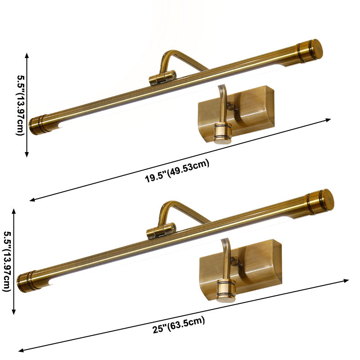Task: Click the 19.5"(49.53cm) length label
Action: tap(177, 171)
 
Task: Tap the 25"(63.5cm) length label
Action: tap(179, 325)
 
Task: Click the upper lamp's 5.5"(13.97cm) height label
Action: tap(20, 105)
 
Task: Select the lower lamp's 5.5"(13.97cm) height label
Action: tap(7, 261)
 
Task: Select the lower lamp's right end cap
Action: tap(320, 202)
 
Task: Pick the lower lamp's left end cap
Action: tap(27, 281)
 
